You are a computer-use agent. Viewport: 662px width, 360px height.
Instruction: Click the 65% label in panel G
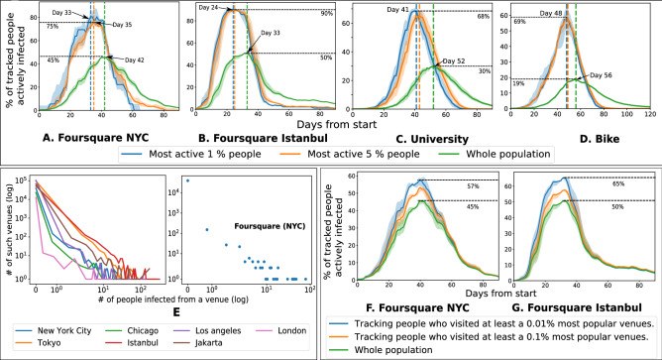[645, 184]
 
